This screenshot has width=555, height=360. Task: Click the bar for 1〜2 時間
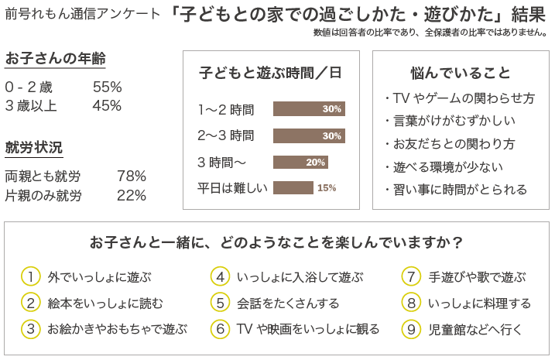tap(309, 109)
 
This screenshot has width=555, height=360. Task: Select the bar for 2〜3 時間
tap(309, 135)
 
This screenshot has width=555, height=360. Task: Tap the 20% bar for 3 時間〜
tap(300, 162)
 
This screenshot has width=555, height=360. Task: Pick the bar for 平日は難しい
tap(293, 187)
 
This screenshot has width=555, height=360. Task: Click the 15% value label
tap(327, 187)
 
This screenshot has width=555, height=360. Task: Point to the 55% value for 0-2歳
tap(107, 87)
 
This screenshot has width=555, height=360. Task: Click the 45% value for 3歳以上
tap(107, 106)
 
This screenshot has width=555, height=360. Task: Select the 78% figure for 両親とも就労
tap(131, 176)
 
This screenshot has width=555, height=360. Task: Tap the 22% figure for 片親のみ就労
tap(131, 195)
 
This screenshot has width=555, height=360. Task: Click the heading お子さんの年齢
tap(55, 60)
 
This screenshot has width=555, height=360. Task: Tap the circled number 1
tap(30, 276)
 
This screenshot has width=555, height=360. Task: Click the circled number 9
tap(412, 329)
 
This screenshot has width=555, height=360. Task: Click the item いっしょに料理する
tap(479, 303)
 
